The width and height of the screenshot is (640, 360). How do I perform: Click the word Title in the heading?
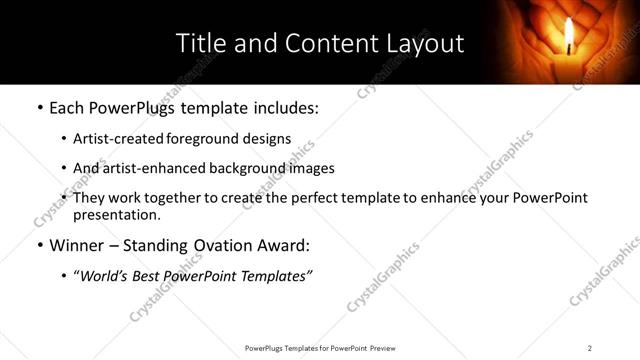tap(199, 44)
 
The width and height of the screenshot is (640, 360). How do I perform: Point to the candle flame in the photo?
tap(569, 35)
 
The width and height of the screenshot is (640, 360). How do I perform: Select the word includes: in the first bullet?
tap(285, 107)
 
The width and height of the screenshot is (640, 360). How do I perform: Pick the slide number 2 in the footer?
tap(590, 348)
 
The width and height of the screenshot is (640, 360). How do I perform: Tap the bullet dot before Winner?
tap(39, 245)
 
